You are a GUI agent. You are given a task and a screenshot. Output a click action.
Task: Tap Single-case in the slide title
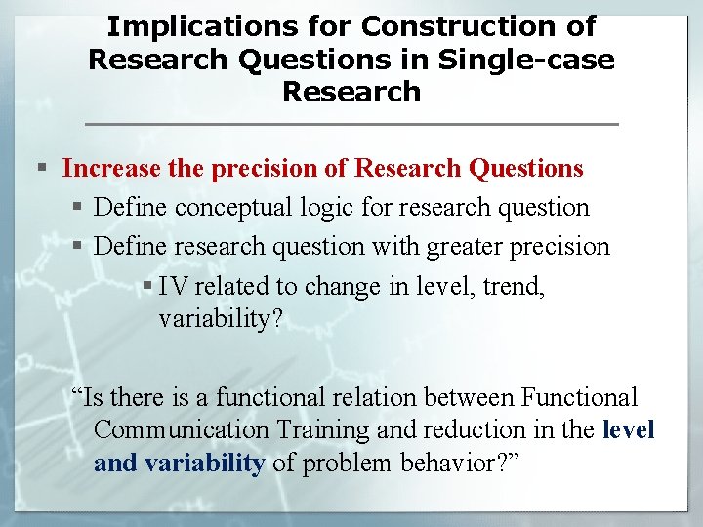(527, 60)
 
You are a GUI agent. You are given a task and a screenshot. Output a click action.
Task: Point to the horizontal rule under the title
(351, 124)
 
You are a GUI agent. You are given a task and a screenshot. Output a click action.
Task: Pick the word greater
(460, 247)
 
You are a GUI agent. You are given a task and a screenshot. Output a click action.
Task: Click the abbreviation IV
(172, 286)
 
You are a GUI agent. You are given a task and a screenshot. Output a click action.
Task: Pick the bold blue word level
(629, 430)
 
